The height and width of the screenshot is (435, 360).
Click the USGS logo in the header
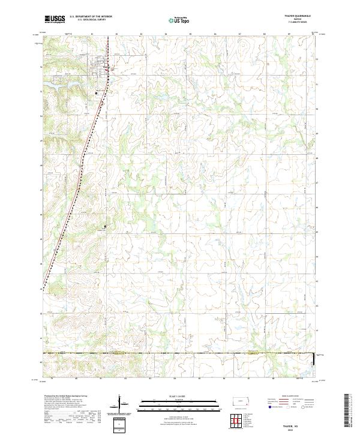[x=55, y=20]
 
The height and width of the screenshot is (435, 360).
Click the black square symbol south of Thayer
[x=96, y=93]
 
